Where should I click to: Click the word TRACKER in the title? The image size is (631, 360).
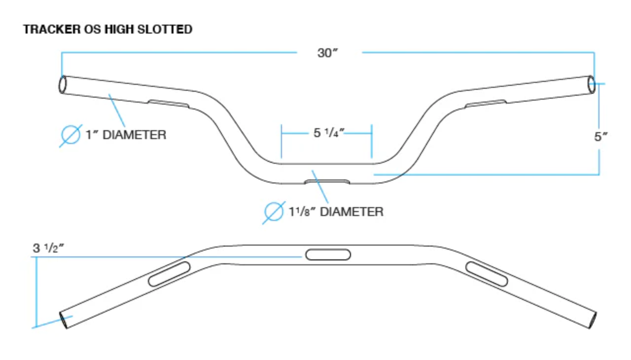[52, 29]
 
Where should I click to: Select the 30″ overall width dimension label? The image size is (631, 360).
[328, 53]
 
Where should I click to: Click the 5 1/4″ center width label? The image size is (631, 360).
[329, 133]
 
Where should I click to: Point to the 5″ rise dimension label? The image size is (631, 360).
[601, 137]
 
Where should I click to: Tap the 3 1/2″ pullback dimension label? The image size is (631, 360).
[48, 248]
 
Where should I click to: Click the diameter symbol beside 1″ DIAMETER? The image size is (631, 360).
[70, 135]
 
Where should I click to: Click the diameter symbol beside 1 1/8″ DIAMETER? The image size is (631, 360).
[274, 212]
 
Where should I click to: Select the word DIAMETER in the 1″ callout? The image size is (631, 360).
[135, 135]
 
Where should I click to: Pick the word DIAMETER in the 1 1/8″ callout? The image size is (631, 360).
[352, 212]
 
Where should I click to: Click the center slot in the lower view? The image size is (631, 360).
[328, 254]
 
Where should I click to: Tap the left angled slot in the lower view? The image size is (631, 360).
[169, 274]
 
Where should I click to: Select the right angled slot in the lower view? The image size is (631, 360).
[487, 274]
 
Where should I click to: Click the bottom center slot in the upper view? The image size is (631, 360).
[327, 181]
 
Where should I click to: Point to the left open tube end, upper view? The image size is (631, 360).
[63, 84]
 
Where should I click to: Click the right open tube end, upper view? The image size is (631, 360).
[591, 84]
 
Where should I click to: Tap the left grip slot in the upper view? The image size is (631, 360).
[169, 104]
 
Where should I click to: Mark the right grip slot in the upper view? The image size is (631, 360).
[486, 104]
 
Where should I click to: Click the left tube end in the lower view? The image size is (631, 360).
[64, 320]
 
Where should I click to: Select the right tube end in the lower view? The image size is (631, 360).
[592, 320]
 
